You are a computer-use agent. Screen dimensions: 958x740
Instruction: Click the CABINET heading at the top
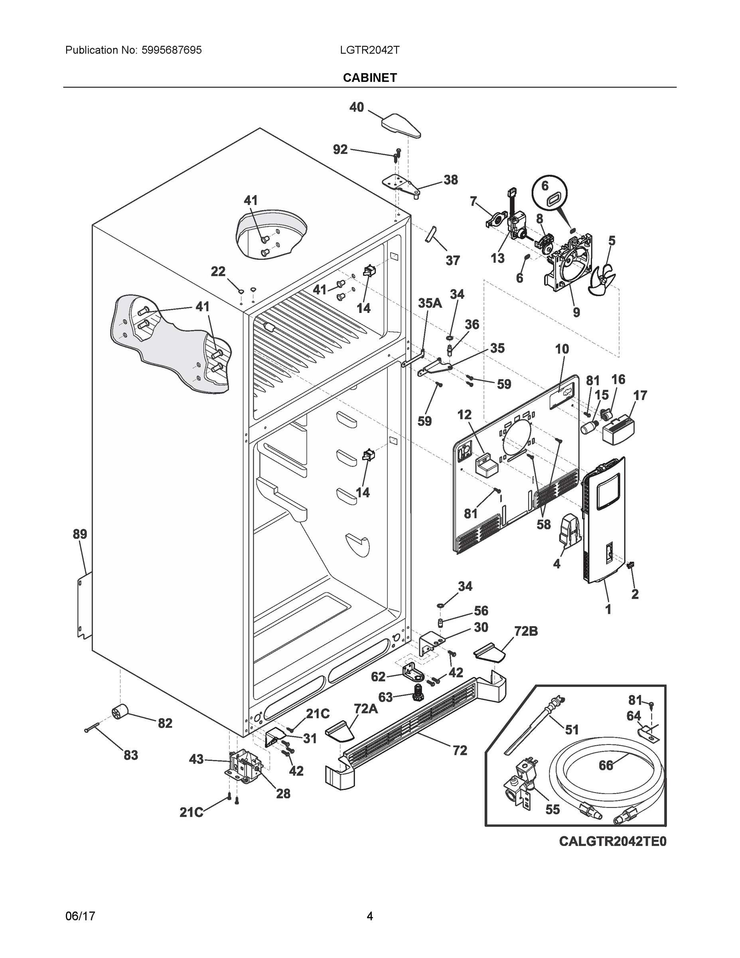(369, 78)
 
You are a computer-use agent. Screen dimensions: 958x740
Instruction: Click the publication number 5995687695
(172, 50)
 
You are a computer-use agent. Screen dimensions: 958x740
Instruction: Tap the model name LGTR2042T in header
(369, 50)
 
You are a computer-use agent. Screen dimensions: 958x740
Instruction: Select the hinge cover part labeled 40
(401, 125)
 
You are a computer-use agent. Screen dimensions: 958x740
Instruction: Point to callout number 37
(452, 260)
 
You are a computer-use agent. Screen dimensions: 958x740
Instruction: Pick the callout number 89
(80, 534)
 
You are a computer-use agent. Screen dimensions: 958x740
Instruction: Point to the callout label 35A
(430, 303)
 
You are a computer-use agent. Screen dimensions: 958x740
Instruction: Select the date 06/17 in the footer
(80, 916)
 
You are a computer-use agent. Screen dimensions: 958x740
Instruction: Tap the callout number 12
(464, 414)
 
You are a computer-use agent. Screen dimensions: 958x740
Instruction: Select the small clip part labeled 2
(632, 566)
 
